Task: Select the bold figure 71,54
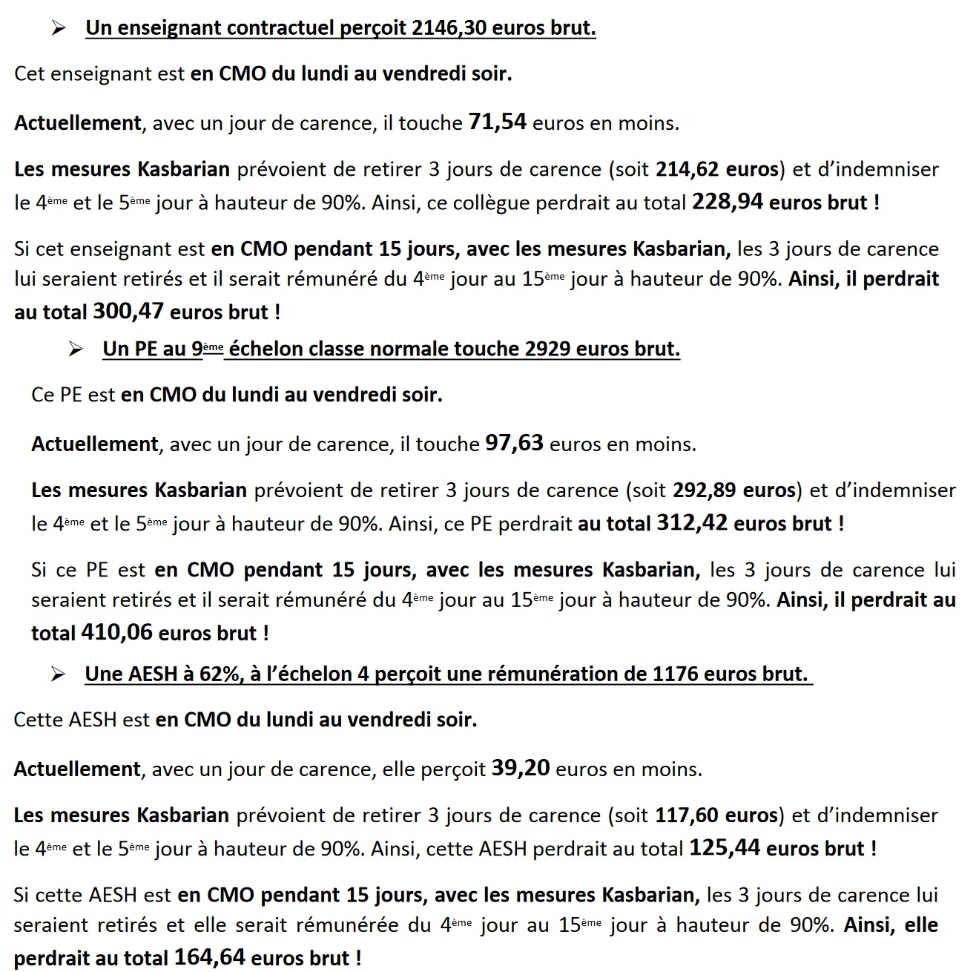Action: (x=497, y=122)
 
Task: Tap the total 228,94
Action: (x=727, y=202)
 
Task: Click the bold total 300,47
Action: (x=128, y=311)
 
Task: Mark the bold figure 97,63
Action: (x=514, y=443)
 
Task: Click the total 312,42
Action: (x=691, y=523)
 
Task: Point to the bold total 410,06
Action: (x=116, y=632)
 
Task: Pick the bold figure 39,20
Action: (x=521, y=768)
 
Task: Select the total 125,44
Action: (x=725, y=847)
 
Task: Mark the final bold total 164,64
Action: (x=209, y=957)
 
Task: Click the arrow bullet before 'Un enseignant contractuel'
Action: (x=59, y=28)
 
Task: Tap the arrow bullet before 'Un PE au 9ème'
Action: (x=76, y=349)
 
